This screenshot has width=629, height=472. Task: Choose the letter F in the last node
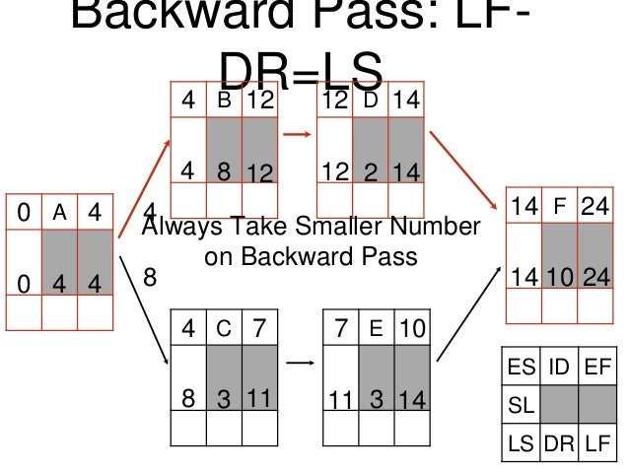(559, 207)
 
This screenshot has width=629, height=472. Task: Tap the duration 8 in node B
(223, 172)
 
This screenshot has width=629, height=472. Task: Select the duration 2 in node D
(372, 172)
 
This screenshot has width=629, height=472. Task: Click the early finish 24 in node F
(595, 207)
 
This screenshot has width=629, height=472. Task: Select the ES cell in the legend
(524, 370)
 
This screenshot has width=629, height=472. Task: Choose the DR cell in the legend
(559, 442)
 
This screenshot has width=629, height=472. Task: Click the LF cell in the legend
(595, 442)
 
